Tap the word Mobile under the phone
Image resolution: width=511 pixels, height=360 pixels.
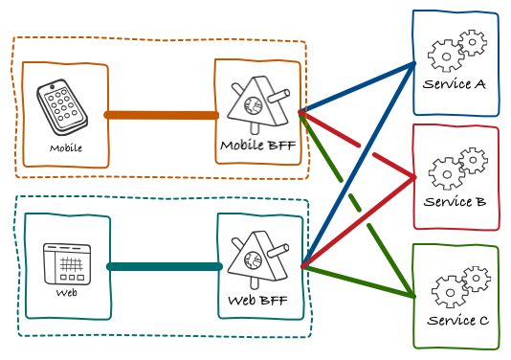point(66,148)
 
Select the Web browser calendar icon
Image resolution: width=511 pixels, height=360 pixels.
point(67,261)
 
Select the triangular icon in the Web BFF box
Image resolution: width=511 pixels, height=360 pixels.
point(256,257)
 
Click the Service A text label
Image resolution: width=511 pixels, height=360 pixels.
point(454,84)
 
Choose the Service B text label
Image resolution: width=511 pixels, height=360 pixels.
point(455,202)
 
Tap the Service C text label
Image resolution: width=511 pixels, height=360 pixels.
point(456,319)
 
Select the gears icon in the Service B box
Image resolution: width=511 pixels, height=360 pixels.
point(455,169)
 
